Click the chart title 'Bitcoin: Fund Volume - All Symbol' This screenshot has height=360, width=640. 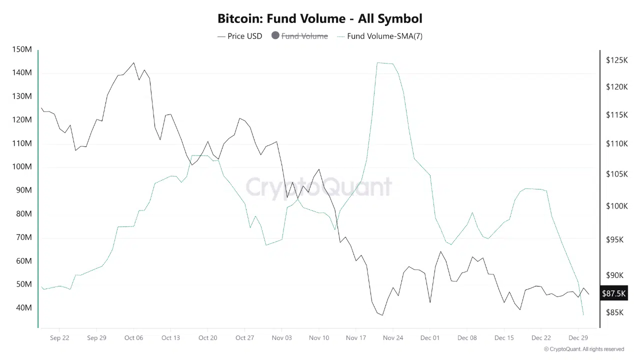click(x=319, y=18)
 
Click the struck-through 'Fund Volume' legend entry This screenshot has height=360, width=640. click(x=304, y=36)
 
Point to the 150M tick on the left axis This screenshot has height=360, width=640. click(x=21, y=49)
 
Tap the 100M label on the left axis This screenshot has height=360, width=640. click(x=21, y=166)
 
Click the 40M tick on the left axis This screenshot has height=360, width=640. click(x=23, y=307)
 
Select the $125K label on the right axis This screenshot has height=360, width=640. click(x=616, y=60)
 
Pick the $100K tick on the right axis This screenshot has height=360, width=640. click(x=616, y=206)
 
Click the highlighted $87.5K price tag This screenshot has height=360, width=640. click(x=613, y=293)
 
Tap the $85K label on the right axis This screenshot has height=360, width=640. click(x=614, y=312)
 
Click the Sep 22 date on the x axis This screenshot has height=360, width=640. click(x=59, y=337)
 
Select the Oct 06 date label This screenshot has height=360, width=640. click(x=133, y=337)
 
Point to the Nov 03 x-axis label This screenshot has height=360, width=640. click(x=281, y=337)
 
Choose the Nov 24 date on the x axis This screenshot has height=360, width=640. click(x=392, y=337)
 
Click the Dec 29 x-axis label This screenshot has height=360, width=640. click(x=578, y=337)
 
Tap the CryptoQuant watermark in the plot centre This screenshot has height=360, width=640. click(x=318, y=187)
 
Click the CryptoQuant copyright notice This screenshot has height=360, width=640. click(x=584, y=349)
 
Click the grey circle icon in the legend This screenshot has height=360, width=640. click(x=275, y=35)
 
